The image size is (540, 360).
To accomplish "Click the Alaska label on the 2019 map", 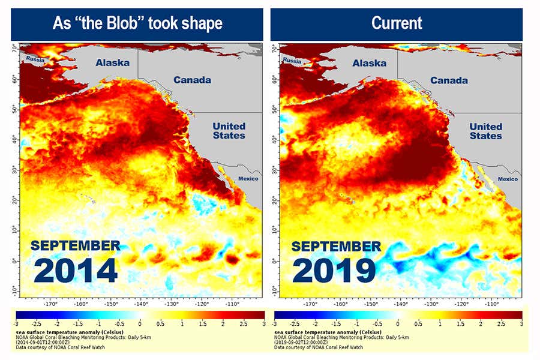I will pyautogui.click(x=370, y=63).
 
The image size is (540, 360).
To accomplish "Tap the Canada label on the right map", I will pyautogui.click(x=449, y=80).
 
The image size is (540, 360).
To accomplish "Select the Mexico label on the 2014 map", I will pyautogui.click(x=248, y=179).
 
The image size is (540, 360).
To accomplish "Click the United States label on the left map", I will pyautogui.click(x=229, y=131).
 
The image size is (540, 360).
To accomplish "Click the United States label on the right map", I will pyautogui.click(x=485, y=131).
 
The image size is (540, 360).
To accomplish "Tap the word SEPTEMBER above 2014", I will pyautogui.click(x=76, y=246).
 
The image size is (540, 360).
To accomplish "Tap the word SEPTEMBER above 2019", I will pyautogui.click(x=336, y=247).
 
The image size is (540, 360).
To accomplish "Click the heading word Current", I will pyautogui.click(x=397, y=23).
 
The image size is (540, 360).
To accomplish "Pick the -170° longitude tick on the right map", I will pyautogui.click(x=310, y=304).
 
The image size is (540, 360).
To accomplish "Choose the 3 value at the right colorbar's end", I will pyautogui.click(x=521, y=323).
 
